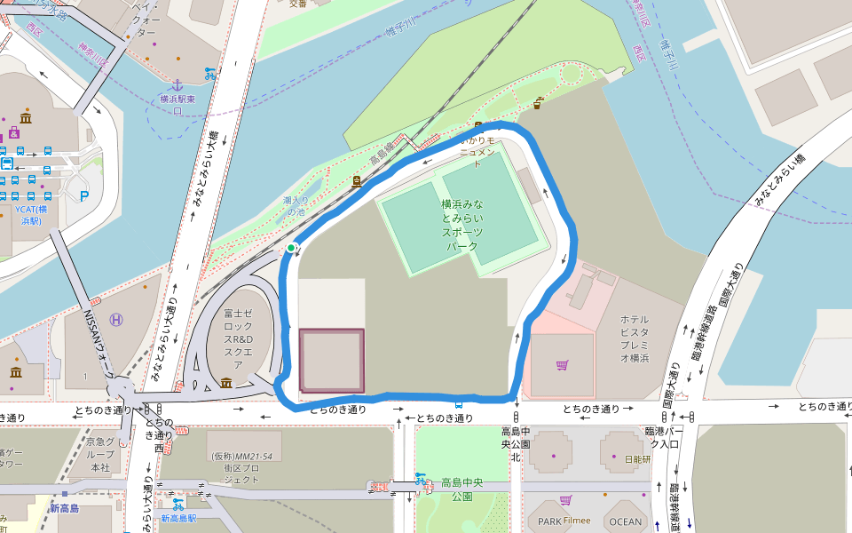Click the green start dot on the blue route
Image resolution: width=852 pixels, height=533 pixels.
(x=291, y=248)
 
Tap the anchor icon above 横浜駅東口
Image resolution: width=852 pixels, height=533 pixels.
(x=177, y=84)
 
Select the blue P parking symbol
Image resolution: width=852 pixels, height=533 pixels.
(x=85, y=195)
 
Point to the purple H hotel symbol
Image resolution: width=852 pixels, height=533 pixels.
(x=116, y=320)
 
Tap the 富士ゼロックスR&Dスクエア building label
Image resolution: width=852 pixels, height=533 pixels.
(x=239, y=338)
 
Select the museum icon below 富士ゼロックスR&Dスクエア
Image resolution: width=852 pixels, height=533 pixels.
(x=226, y=383)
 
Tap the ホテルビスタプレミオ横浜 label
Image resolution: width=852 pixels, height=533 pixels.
(x=635, y=338)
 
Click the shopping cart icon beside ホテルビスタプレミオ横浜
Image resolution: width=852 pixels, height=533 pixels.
(x=562, y=365)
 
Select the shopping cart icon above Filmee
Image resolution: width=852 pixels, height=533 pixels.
(x=565, y=500)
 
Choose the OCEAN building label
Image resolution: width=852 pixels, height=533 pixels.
(x=625, y=521)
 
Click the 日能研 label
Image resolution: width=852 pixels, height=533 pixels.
(x=636, y=459)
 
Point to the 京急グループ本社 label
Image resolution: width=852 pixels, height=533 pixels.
(x=99, y=454)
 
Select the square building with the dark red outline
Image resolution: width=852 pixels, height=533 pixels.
(x=332, y=361)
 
